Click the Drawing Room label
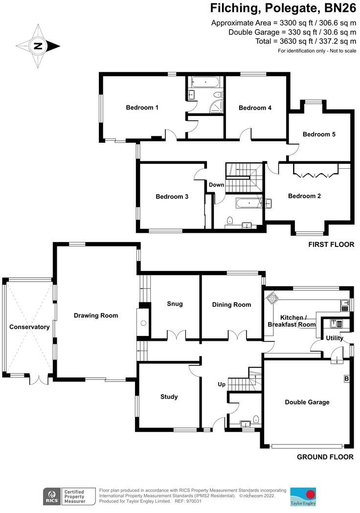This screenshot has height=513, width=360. (x=96, y=315)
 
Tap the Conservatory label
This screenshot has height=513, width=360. (x=29, y=327)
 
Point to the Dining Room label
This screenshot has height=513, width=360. (x=231, y=305)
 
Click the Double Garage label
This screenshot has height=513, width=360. (x=307, y=402)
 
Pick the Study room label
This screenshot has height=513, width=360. (x=169, y=397)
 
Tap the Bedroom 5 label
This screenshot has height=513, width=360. (x=319, y=134)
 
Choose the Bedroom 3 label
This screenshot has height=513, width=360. (x=172, y=197)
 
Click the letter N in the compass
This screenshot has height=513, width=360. (x=38, y=46)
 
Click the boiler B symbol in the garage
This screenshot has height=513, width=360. (x=346, y=379)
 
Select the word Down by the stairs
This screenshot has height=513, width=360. (x=216, y=185)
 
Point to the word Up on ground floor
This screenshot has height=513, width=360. (x=222, y=385)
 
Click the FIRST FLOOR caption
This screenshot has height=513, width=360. (x=330, y=245)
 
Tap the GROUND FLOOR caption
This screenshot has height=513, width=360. (x=325, y=457)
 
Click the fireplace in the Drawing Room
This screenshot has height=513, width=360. (x=143, y=323)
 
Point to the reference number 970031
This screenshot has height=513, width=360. (x=193, y=501)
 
